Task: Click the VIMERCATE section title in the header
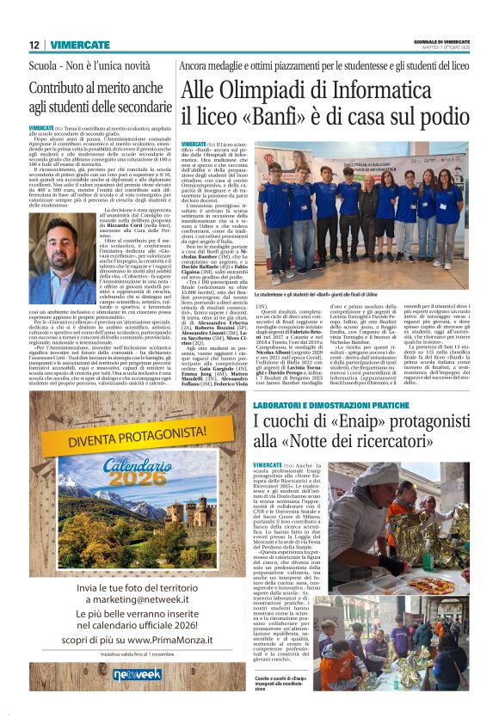tap(79, 45)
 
